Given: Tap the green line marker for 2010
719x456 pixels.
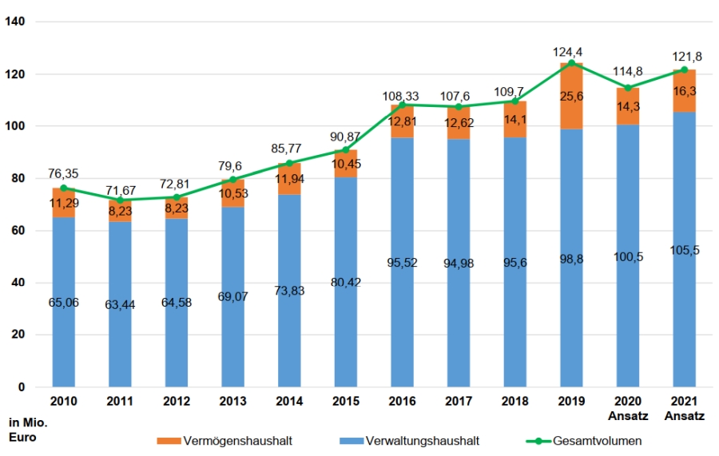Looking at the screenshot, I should click(63, 188).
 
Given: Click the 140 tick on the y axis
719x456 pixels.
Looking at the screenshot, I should click(17, 22).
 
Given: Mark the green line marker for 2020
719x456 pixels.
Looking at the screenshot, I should click(627, 88).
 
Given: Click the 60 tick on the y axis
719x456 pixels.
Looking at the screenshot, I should click(17, 231).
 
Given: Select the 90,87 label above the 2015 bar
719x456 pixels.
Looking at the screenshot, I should click(345, 137).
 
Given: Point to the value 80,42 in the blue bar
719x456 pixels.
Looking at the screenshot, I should click(345, 281).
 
